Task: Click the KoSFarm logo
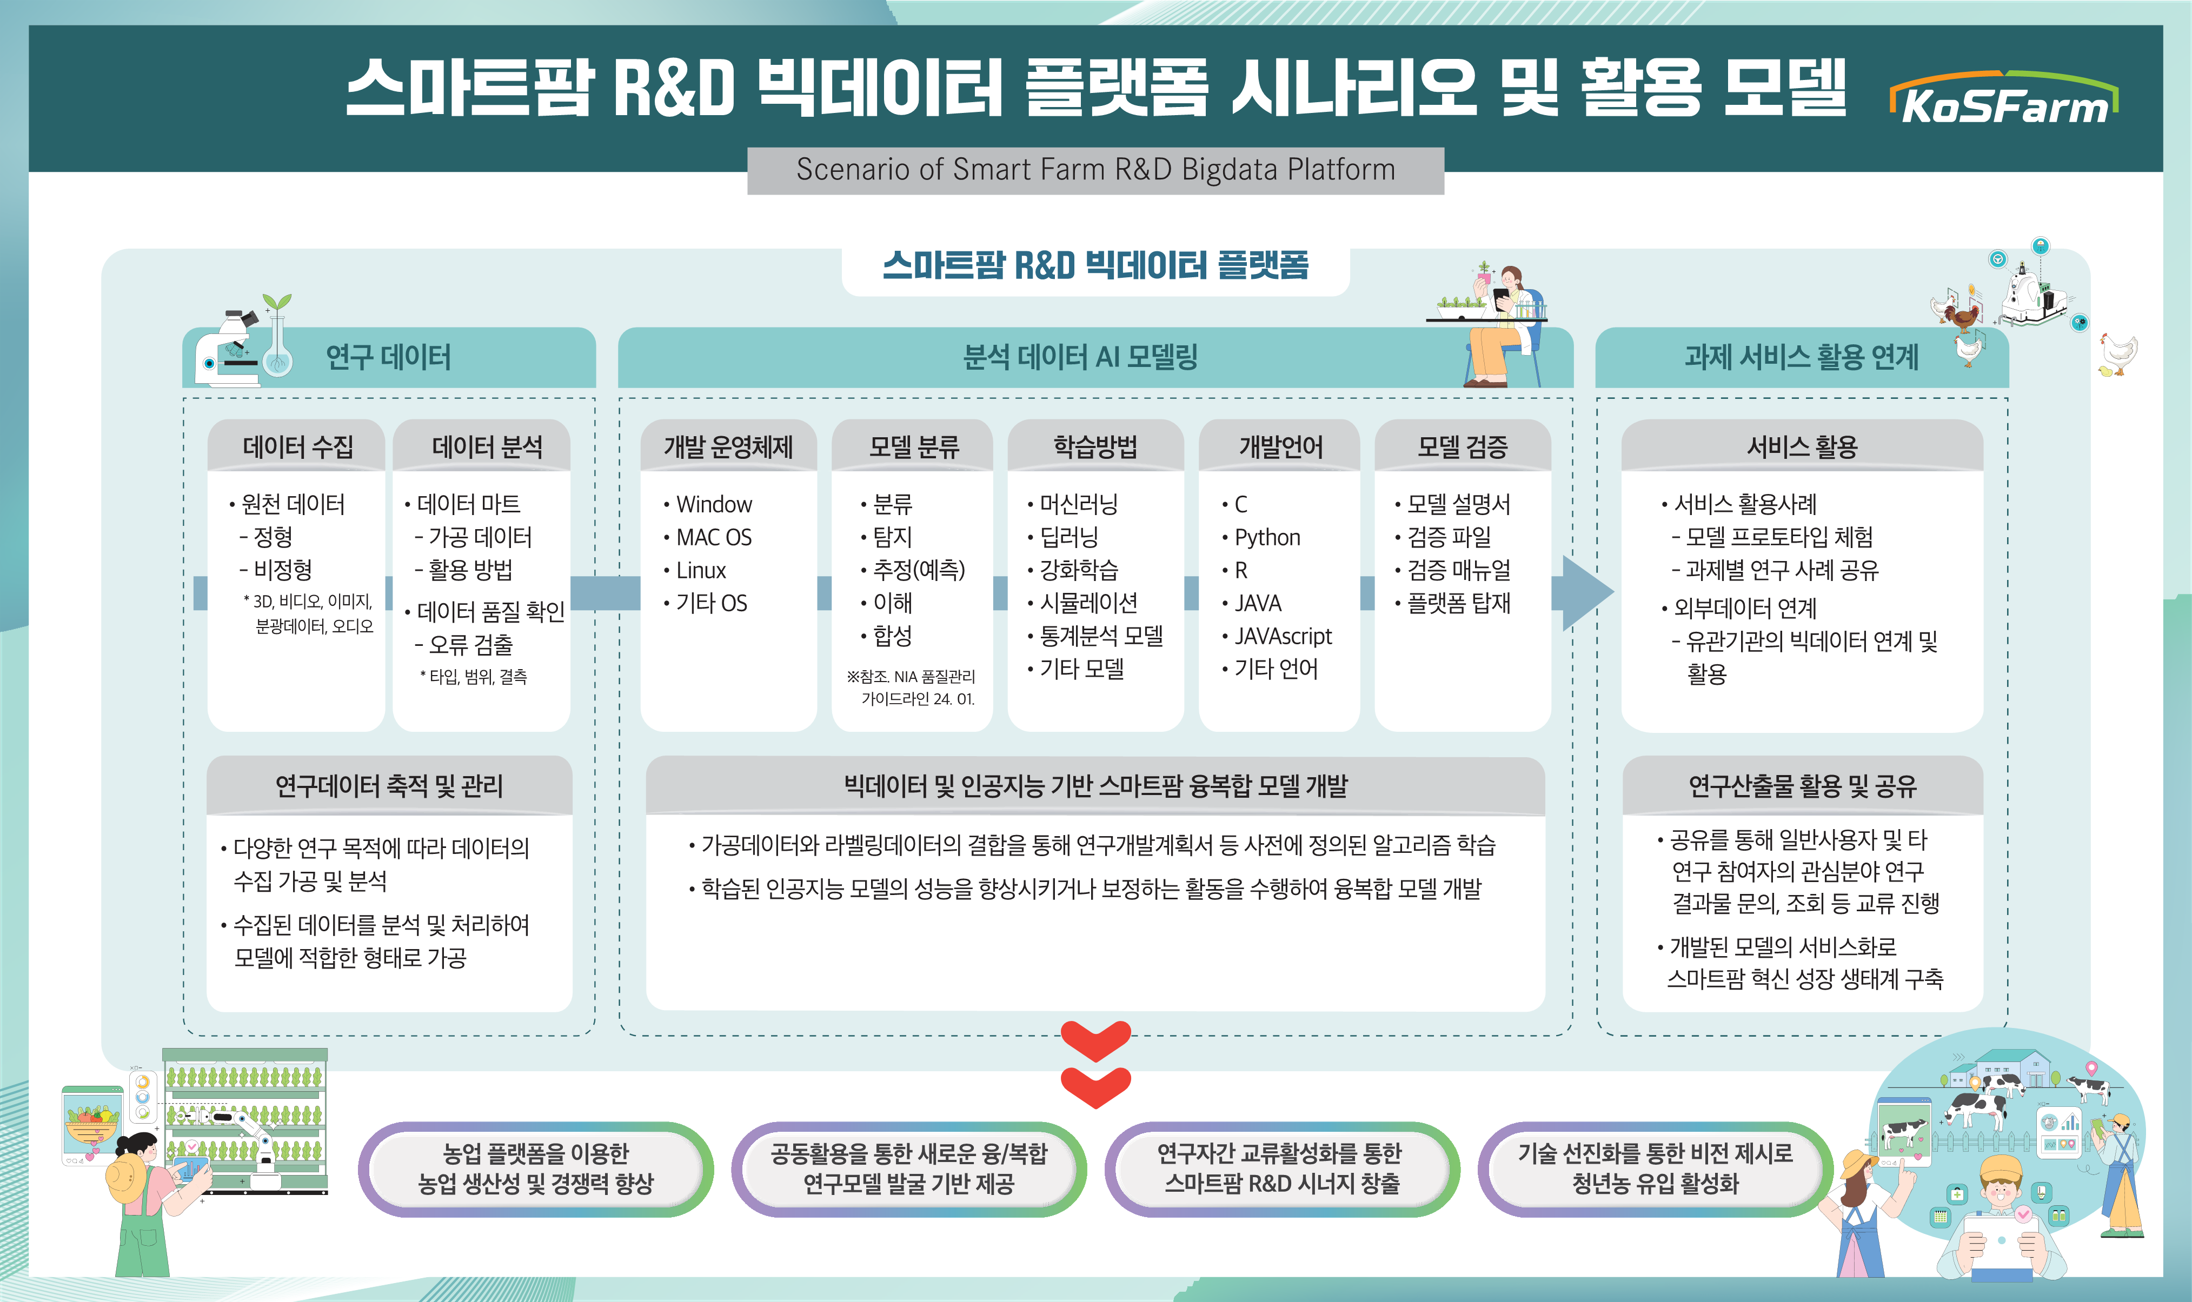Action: [x=2004, y=98]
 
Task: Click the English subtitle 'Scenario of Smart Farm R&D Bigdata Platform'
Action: [x=1095, y=169]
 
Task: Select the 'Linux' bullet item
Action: [x=701, y=570]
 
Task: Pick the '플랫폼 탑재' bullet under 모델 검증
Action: [x=1458, y=603]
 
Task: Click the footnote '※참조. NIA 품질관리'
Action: [x=910, y=677]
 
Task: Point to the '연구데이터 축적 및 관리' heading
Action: [x=389, y=785]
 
